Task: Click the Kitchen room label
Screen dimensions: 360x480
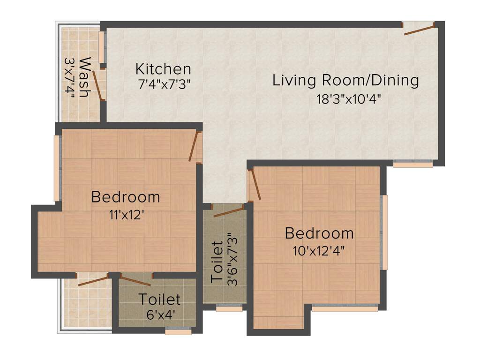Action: pos(163,69)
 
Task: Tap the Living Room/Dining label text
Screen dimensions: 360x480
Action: pos(345,80)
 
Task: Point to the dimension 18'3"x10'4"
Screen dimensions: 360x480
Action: pos(346,99)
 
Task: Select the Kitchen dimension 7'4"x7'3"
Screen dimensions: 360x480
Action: pos(163,85)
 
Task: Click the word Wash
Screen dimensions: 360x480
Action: pos(84,77)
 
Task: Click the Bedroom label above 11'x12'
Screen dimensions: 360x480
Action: pos(125,197)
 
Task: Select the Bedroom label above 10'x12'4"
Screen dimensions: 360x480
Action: pos(319,233)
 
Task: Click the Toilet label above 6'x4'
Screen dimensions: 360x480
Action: pos(159,299)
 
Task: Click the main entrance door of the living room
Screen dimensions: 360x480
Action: pos(419,30)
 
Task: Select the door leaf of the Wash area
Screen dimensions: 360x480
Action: pos(97,85)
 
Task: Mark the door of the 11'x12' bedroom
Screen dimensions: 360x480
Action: pos(194,146)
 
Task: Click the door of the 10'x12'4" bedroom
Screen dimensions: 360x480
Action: pos(254,185)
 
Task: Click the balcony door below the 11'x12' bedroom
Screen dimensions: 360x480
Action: pos(93,281)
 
